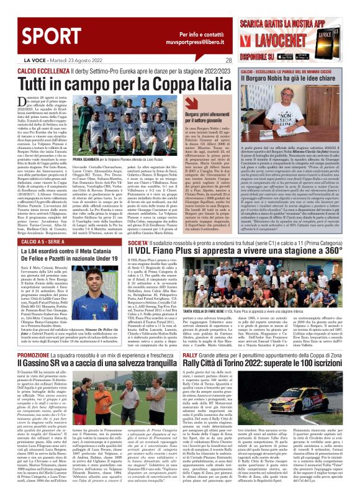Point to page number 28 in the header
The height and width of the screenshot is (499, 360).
click(228, 60)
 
